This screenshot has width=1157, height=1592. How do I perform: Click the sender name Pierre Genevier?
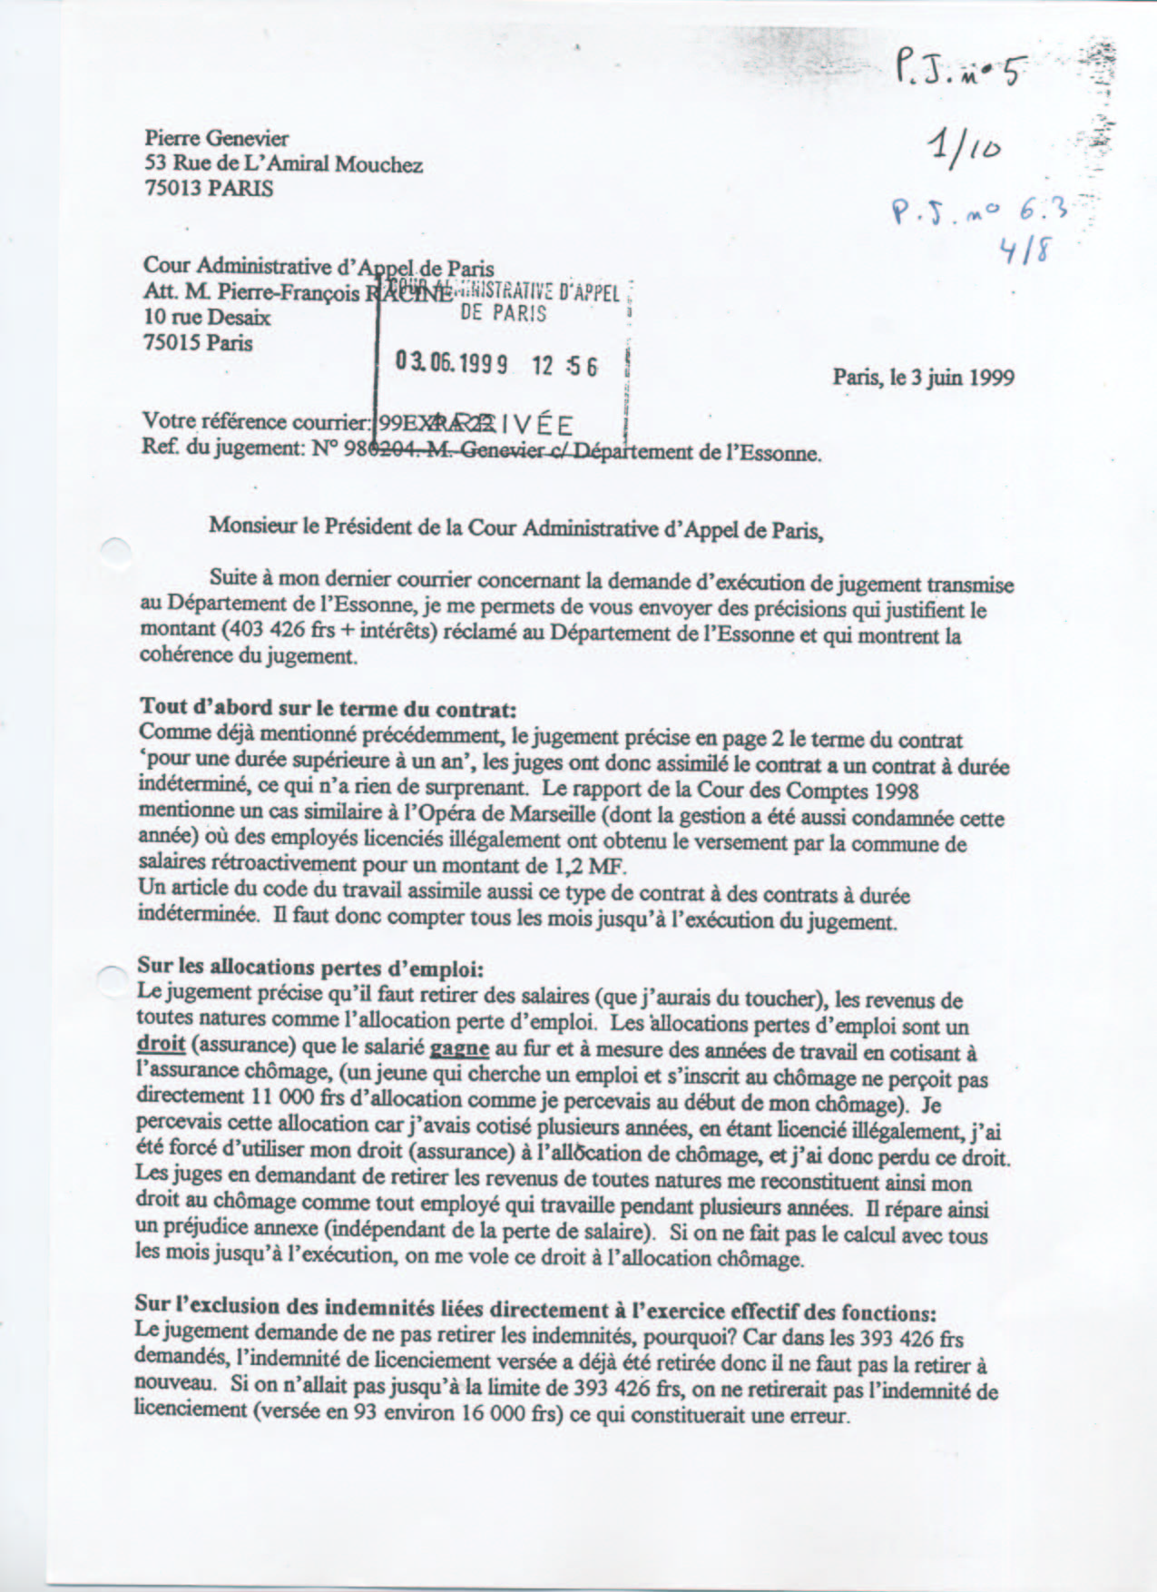point(216,139)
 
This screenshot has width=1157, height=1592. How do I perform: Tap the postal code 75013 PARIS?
point(208,189)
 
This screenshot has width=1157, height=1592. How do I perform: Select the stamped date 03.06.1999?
point(450,364)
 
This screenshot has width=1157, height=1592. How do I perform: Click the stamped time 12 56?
point(565,365)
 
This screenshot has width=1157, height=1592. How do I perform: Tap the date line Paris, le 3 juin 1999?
point(923,377)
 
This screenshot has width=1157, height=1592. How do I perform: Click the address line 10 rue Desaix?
point(207,318)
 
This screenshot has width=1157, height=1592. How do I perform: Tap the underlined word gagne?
point(459,1047)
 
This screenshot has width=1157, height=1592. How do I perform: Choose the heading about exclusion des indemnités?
point(535,1310)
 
